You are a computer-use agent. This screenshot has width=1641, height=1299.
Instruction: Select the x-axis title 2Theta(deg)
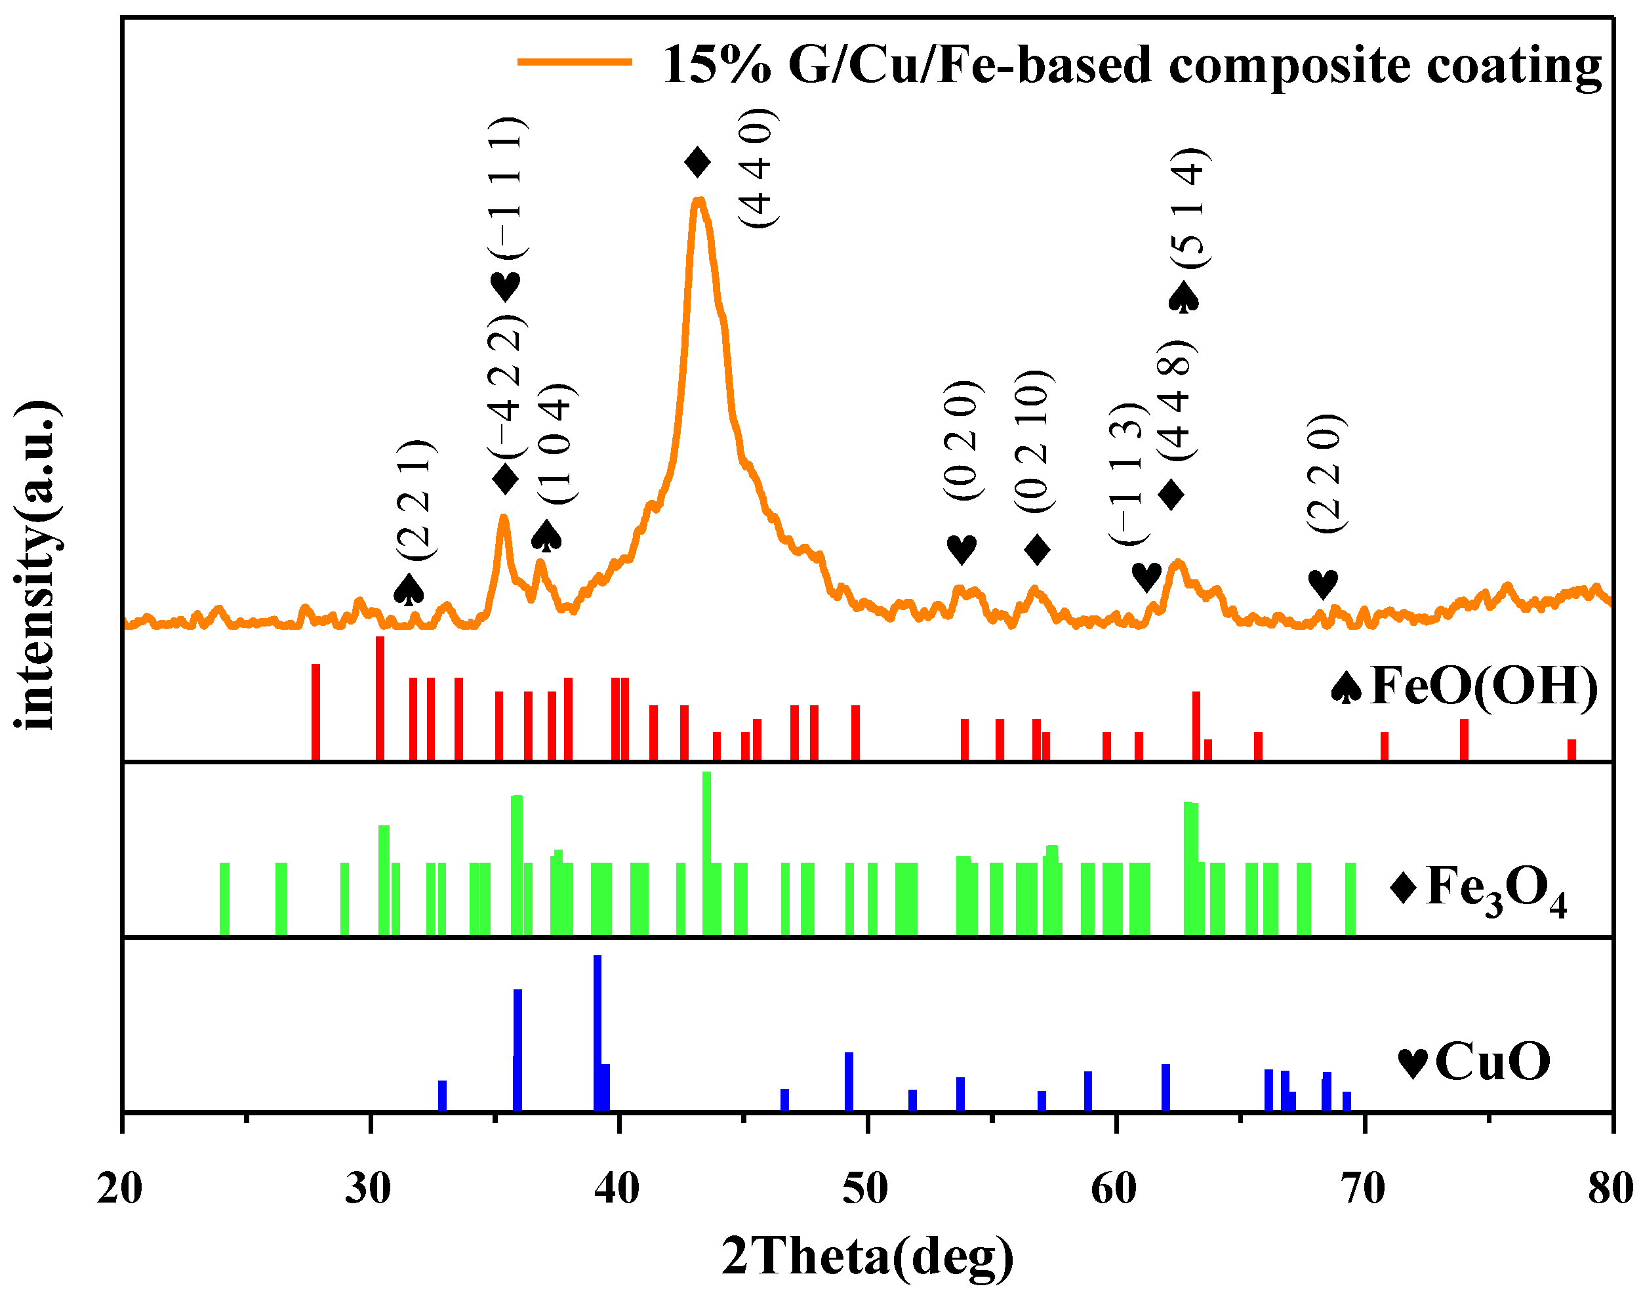[x=867, y=1257]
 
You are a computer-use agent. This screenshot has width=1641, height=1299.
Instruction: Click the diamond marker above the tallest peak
[x=697, y=162]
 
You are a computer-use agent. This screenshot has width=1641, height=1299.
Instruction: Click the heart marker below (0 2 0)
[x=961, y=549]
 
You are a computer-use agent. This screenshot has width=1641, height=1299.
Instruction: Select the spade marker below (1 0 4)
[x=546, y=536]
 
